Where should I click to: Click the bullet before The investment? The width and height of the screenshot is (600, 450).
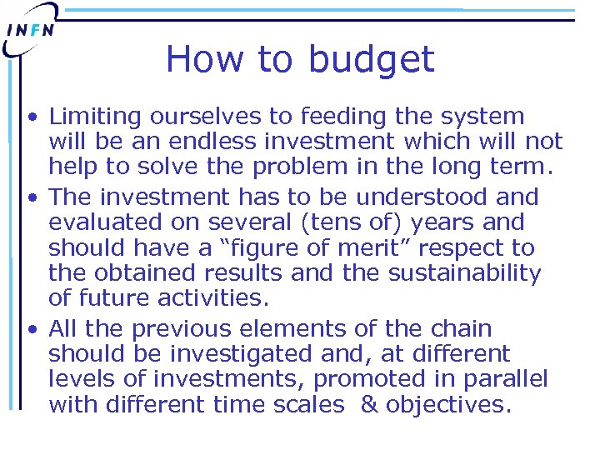point(31,198)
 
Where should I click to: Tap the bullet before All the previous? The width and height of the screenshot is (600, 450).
point(31,330)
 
